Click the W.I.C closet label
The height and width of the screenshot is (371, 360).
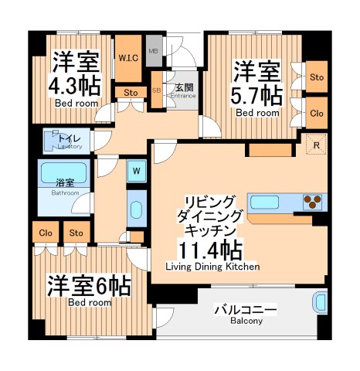[x=129, y=59]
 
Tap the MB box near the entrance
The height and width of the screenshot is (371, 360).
[x=153, y=53]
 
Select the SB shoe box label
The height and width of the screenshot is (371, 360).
[x=157, y=90]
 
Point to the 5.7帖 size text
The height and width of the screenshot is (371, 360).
[x=257, y=96]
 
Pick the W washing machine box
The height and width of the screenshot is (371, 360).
[x=136, y=170]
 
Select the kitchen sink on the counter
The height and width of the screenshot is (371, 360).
[x=264, y=203]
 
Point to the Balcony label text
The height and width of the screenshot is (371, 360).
[x=245, y=315]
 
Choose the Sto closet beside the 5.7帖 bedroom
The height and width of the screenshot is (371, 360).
[x=316, y=77]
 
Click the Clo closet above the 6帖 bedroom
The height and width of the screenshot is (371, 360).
[x=45, y=232]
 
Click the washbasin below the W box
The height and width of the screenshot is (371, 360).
[x=136, y=210]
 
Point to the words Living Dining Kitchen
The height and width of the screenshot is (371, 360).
[x=212, y=267]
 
